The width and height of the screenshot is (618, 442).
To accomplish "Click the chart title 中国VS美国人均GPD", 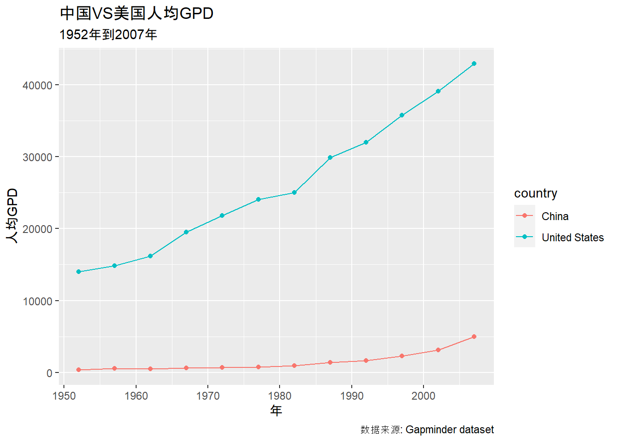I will pyautogui.click(x=137, y=13).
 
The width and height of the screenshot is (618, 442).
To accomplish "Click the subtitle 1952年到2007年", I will pyautogui.click(x=108, y=35).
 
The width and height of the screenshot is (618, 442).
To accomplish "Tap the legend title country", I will pyautogui.click(x=535, y=193).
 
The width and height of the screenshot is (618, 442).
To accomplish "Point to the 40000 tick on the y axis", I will pyautogui.click(x=37, y=86).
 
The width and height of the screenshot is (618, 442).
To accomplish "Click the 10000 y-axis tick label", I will pyautogui.click(x=37, y=302).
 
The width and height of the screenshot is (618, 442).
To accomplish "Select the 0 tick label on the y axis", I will pyautogui.click(x=49, y=373).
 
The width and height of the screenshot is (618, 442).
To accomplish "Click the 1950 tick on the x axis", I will pyautogui.click(x=64, y=396).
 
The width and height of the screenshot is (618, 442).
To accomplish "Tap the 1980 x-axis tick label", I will pyautogui.click(x=280, y=396).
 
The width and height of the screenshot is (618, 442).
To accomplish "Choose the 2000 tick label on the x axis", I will pyautogui.click(x=423, y=396).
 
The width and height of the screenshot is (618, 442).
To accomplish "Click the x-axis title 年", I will pyautogui.click(x=276, y=410).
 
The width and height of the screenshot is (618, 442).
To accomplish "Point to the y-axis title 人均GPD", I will pyautogui.click(x=12, y=216).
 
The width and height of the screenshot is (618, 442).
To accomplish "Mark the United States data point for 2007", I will pyautogui.click(x=474, y=64).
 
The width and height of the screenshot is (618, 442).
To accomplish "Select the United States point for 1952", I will pyautogui.click(x=79, y=272).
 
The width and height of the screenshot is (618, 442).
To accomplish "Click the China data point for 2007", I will pyautogui.click(x=474, y=337).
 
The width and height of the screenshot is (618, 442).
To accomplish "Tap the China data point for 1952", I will pyautogui.click(x=79, y=370).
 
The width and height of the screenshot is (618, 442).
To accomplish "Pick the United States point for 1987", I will pyautogui.click(x=330, y=158).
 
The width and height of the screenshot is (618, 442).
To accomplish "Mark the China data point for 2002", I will pyautogui.click(x=438, y=350).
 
